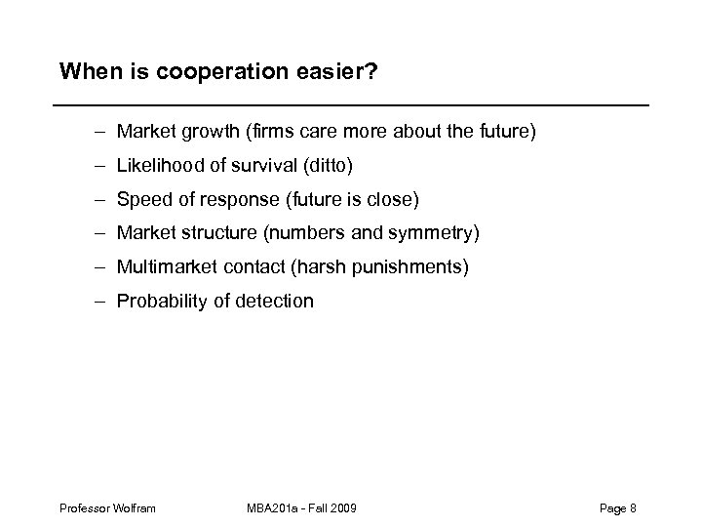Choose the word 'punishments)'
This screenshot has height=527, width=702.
(408, 266)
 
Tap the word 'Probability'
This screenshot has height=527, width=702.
(162, 301)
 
